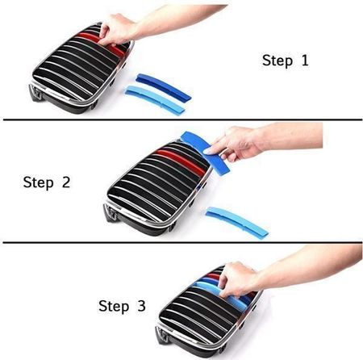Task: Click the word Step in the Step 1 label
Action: [277, 61]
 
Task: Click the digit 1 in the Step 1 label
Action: [305, 61]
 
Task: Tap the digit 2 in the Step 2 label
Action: [66, 182]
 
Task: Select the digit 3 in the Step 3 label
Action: [141, 306]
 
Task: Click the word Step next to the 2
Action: [39, 183]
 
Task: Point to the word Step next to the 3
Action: [114, 307]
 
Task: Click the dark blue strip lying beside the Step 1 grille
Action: [164, 86]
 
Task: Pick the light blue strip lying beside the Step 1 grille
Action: [155, 100]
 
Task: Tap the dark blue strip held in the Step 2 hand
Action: [206, 152]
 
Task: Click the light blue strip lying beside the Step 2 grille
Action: [237, 223]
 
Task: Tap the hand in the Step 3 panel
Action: [238, 279]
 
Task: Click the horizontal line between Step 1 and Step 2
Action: [182, 119]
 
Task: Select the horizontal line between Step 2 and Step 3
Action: [182, 242]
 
